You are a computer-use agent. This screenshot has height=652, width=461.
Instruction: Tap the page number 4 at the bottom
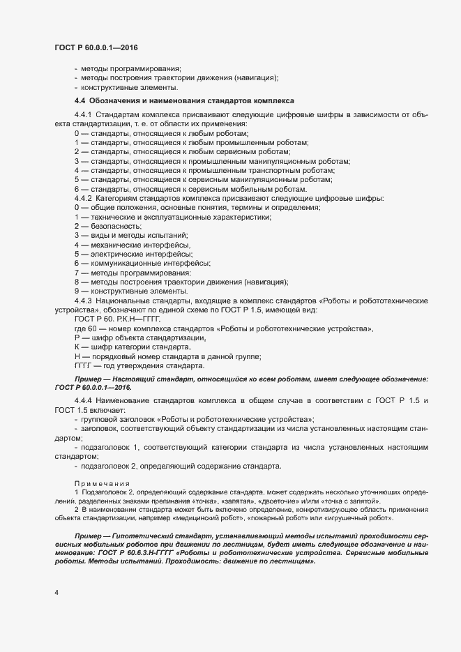click(56, 593)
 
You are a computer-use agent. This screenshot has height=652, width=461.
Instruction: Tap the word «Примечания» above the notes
click(98, 483)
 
